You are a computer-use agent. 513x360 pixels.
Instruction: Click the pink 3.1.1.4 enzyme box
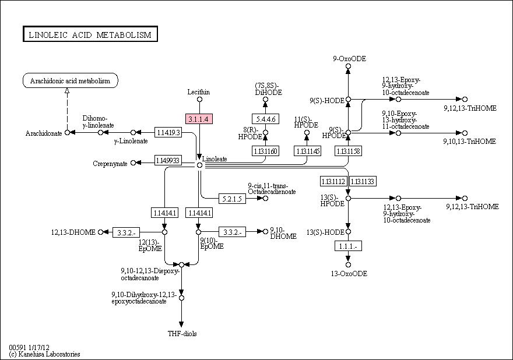click(199, 119)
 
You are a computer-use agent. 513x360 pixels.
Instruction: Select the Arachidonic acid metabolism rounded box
click(71, 80)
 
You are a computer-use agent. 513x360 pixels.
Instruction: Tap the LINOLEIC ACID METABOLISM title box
click(90, 34)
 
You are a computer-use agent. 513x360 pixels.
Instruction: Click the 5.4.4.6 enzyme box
click(265, 119)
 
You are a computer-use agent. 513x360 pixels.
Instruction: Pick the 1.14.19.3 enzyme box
click(168, 132)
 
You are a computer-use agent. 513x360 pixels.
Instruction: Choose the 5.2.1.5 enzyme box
click(232, 199)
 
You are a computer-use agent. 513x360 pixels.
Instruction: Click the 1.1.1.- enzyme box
click(348, 246)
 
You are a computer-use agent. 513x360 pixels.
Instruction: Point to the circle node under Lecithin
click(199, 100)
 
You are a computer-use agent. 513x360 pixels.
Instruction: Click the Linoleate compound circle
click(199, 165)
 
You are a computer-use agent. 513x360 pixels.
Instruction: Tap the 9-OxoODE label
click(349, 59)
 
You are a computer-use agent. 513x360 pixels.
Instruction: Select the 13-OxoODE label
click(349, 274)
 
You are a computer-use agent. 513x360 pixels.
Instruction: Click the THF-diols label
click(182, 334)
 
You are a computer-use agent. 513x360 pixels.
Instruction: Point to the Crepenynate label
click(110, 164)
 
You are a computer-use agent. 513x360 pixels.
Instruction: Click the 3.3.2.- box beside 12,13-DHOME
click(127, 232)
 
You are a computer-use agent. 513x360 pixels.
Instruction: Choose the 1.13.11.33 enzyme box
click(363, 181)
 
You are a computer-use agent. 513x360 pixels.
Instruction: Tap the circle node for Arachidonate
click(67, 132)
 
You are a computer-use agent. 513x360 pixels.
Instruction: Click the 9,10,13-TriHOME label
click(469, 141)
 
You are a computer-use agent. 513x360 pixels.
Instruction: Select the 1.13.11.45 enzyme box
click(307, 151)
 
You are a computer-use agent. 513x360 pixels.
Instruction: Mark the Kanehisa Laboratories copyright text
click(44, 354)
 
